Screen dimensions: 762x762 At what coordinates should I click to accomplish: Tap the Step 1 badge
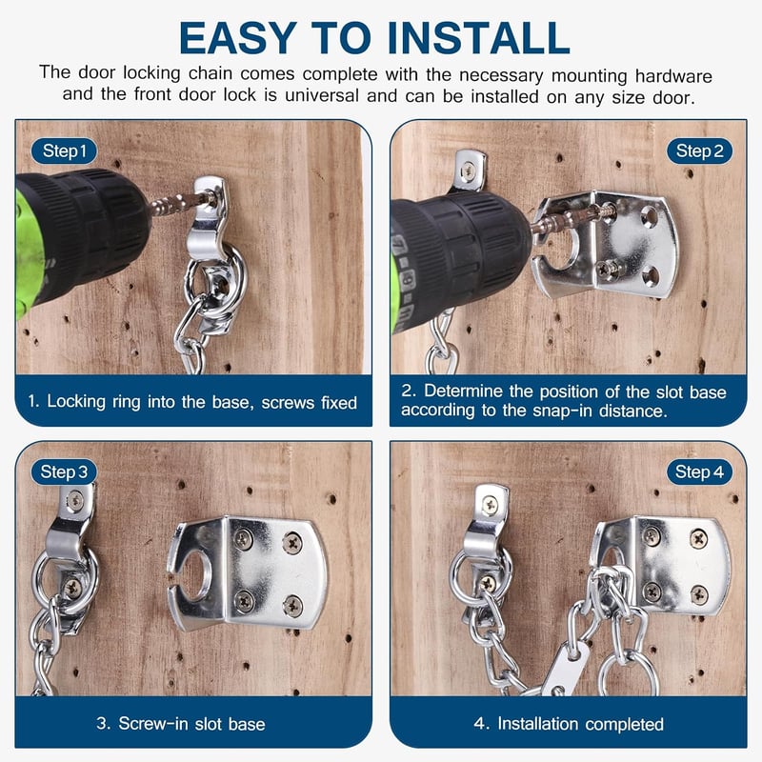[64, 150]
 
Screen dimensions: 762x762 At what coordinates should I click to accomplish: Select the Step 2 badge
[699, 150]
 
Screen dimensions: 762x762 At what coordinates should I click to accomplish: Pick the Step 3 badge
[64, 471]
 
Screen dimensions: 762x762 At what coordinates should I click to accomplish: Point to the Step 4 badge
[699, 471]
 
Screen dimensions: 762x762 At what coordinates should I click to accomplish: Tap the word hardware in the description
[673, 76]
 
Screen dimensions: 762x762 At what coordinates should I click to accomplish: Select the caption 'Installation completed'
[580, 724]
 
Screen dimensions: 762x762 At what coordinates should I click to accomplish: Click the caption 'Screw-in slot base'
[192, 724]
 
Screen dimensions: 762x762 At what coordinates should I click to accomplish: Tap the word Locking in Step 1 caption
[76, 402]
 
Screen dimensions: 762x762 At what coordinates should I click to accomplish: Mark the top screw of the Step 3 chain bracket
[75, 499]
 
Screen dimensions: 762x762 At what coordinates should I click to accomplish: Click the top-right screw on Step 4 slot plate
[699, 538]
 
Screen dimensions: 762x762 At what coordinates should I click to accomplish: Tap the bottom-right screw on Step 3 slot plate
[293, 606]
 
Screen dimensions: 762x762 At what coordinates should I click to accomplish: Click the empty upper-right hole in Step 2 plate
[650, 216]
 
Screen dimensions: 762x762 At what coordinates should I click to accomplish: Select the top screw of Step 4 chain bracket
[490, 506]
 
